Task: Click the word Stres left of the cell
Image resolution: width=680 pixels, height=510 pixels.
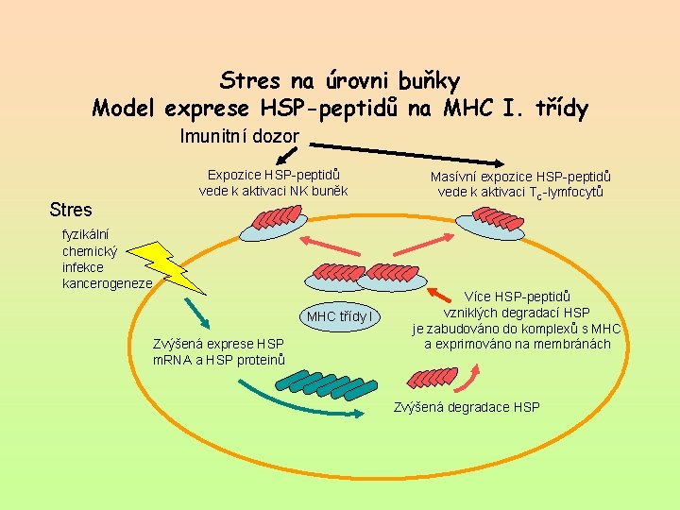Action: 71,210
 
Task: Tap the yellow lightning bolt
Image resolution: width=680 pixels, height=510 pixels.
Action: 162,263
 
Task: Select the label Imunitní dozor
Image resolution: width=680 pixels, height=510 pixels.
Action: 239,137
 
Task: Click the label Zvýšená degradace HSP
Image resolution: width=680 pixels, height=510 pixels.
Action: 466,407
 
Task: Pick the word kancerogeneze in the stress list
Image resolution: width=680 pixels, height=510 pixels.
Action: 107,283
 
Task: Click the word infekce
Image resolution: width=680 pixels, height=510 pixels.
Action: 83,267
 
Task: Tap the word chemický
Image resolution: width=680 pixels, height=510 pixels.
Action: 89,251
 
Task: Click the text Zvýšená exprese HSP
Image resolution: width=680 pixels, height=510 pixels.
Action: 218,344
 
